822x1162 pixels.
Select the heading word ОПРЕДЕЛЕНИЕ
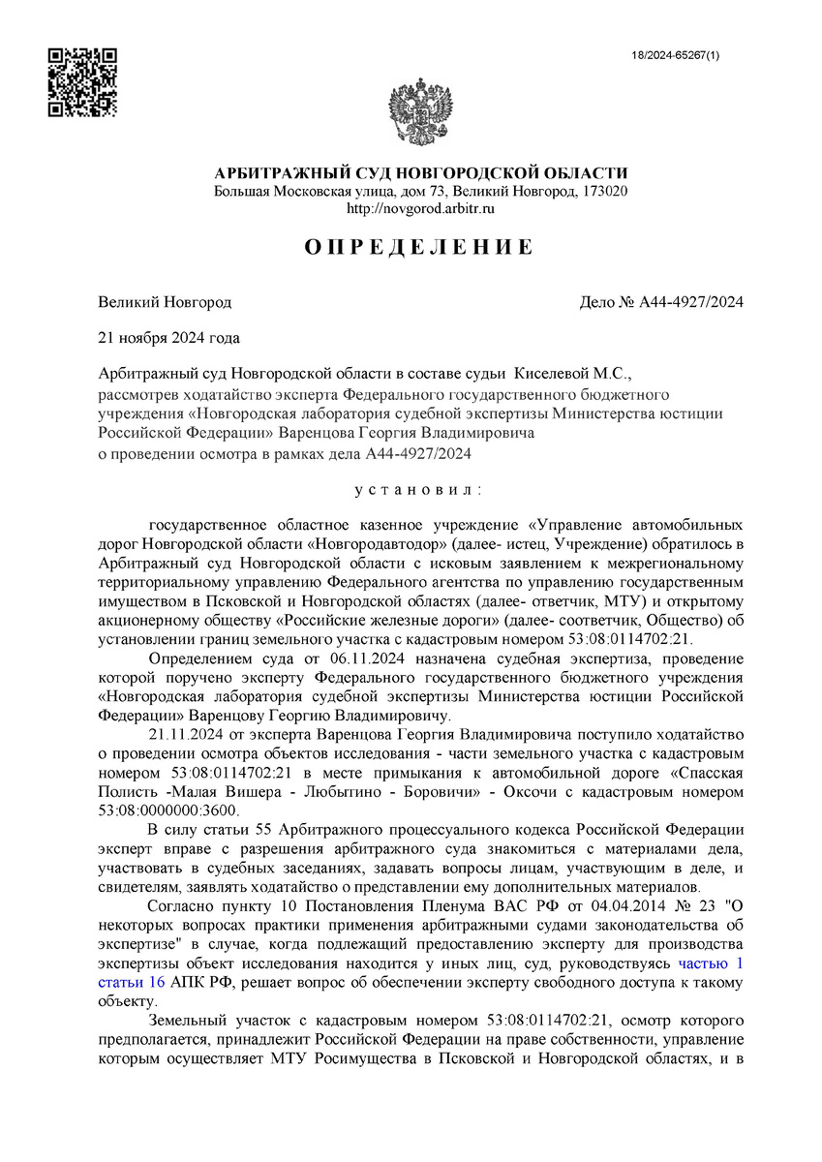pyautogui.click(x=419, y=247)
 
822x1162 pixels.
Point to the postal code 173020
pyautogui.click(x=604, y=191)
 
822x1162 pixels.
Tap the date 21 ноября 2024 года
pyautogui.click(x=169, y=338)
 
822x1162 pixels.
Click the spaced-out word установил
pyautogui.click(x=419, y=490)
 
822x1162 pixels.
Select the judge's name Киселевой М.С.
pyautogui.click(x=571, y=373)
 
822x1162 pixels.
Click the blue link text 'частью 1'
pyautogui.click(x=711, y=963)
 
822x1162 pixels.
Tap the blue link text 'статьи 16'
pyautogui.click(x=132, y=982)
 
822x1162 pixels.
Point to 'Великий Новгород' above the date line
pyautogui.click(x=165, y=302)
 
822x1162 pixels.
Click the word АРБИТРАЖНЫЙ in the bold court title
pyautogui.click(x=276, y=172)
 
